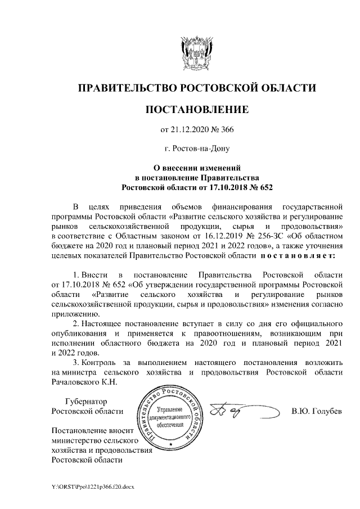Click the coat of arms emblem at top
click(197, 53)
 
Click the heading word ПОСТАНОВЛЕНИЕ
click(197, 109)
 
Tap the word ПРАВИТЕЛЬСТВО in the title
click(125, 88)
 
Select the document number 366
click(226, 130)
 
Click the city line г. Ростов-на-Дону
click(197, 149)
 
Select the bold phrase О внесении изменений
click(197, 167)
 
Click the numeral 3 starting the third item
click(76, 362)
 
